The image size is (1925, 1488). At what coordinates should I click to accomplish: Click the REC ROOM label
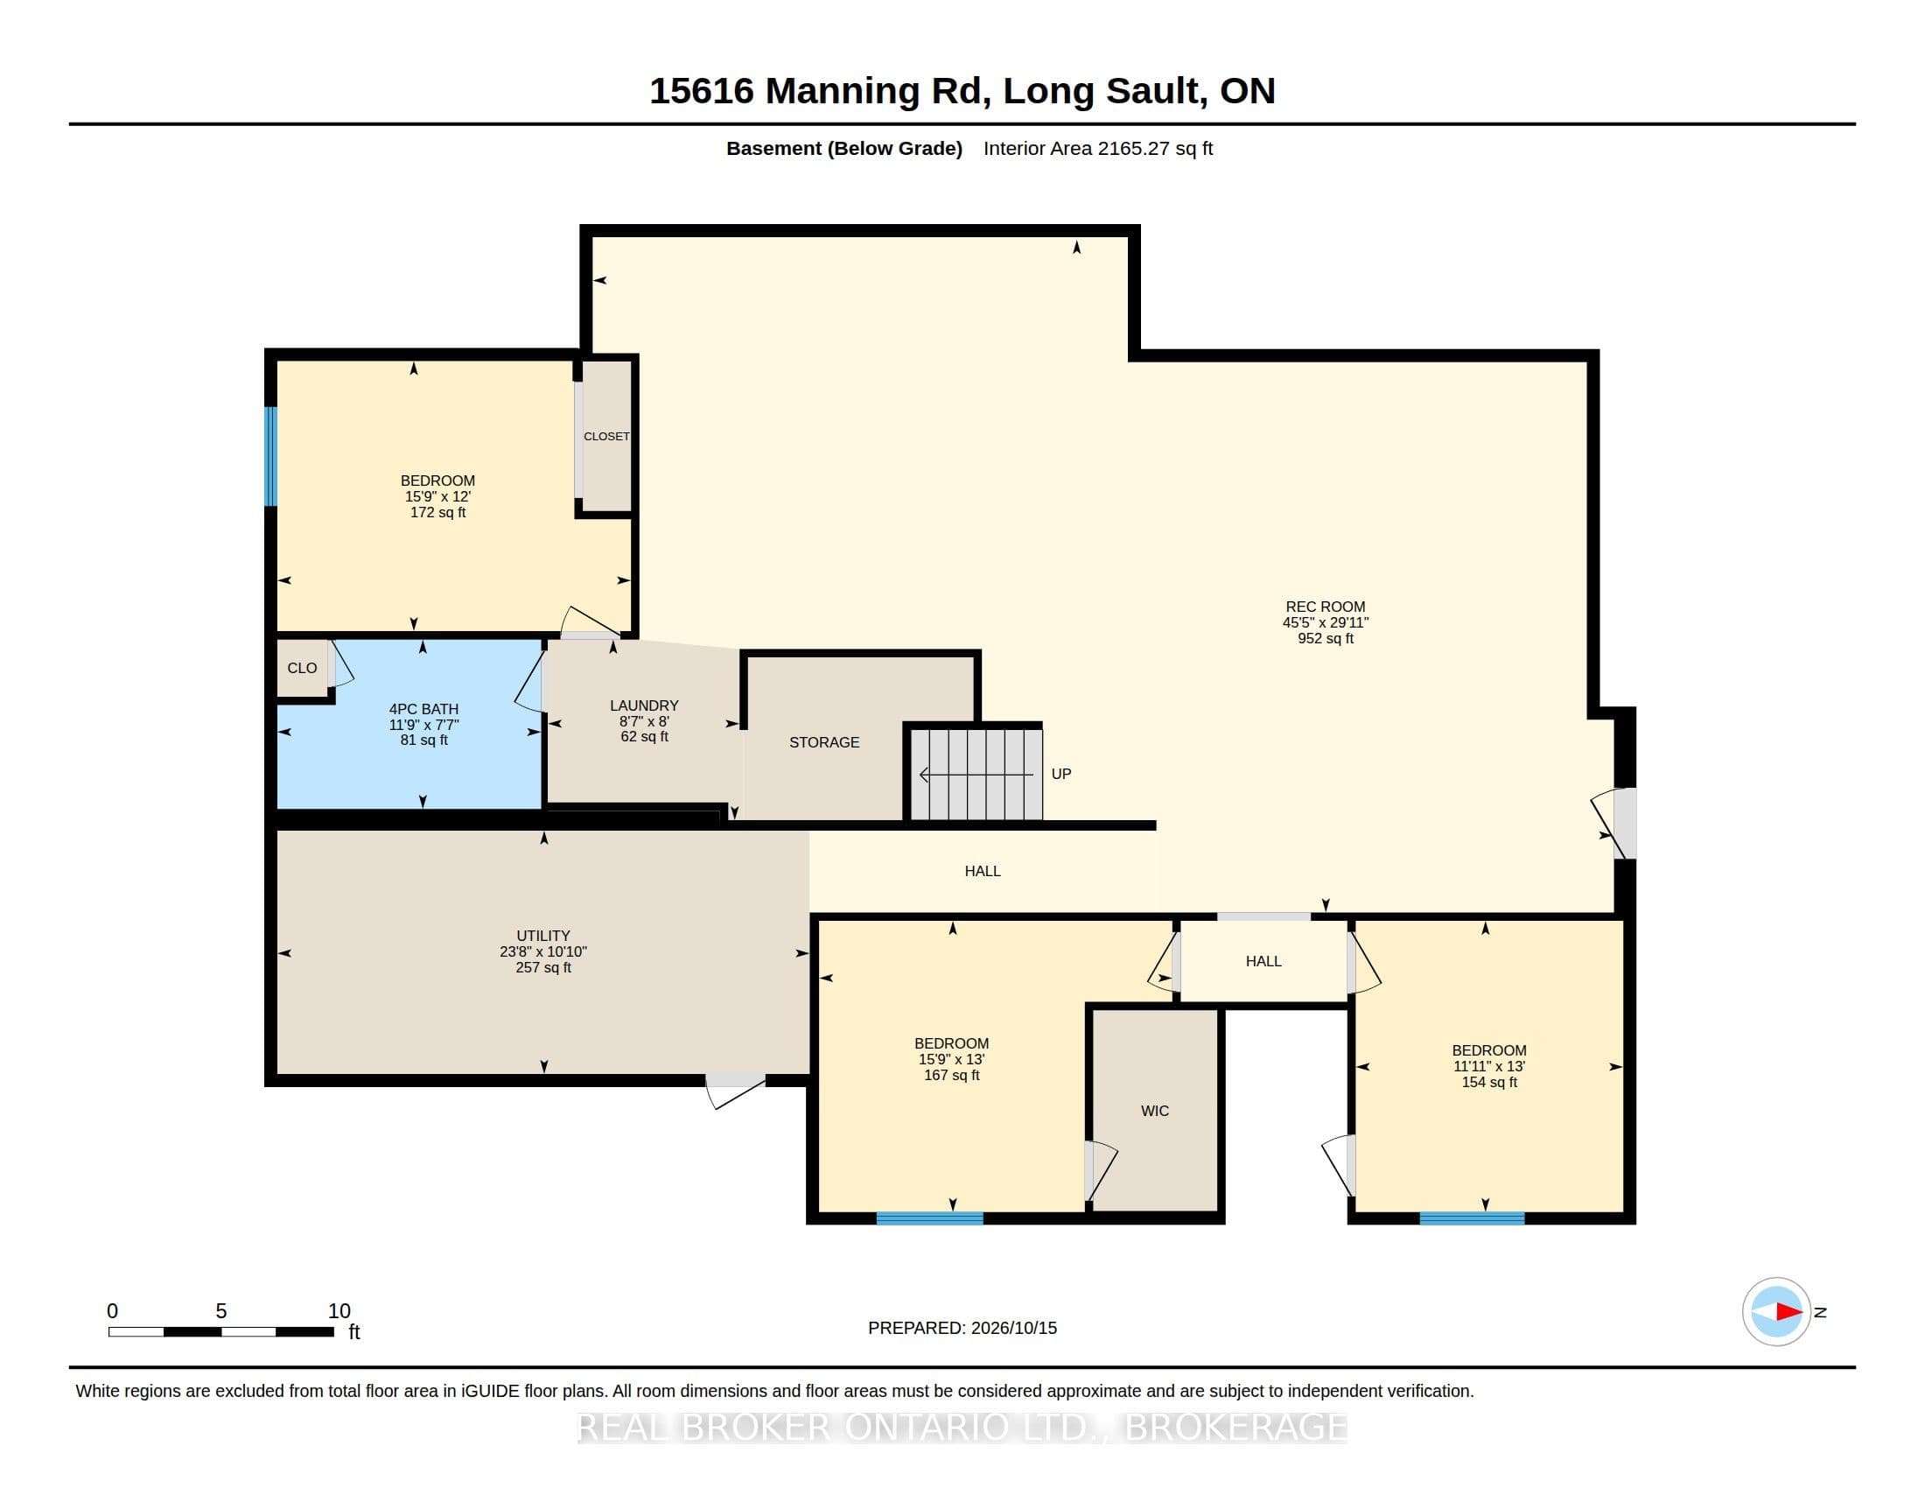[x=1325, y=607]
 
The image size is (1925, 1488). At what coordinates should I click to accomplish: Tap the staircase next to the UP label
[x=976, y=773]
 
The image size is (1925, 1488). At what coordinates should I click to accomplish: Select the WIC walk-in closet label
[x=1155, y=1111]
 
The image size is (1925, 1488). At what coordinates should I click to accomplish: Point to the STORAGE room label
[x=824, y=742]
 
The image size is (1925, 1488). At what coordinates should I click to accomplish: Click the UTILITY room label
[x=543, y=936]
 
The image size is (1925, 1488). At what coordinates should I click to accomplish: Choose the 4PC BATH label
[x=424, y=709]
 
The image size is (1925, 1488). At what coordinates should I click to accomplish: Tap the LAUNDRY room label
[x=644, y=705]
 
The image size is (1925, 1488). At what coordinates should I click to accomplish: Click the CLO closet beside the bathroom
[x=303, y=668]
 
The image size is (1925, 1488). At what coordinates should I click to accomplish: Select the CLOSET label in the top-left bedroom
[x=606, y=437]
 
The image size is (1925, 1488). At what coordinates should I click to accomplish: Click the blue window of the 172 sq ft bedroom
[x=271, y=457]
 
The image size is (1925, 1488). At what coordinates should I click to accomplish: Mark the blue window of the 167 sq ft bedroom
[x=930, y=1218]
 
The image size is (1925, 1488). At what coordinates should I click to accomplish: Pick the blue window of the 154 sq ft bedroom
[x=1472, y=1218]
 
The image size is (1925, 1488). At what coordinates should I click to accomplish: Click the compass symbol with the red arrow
[x=1776, y=1312]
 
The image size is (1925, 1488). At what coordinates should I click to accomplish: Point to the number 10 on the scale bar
[x=339, y=1311]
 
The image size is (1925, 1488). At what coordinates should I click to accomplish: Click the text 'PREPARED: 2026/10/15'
[x=962, y=1328]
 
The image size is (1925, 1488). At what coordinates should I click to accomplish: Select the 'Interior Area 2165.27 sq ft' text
[x=1098, y=148]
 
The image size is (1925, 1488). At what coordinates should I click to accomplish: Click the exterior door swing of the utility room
[x=734, y=1091]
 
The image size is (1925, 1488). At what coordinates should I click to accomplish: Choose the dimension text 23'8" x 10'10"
[x=543, y=951]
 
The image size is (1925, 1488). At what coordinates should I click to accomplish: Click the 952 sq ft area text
[x=1325, y=638]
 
